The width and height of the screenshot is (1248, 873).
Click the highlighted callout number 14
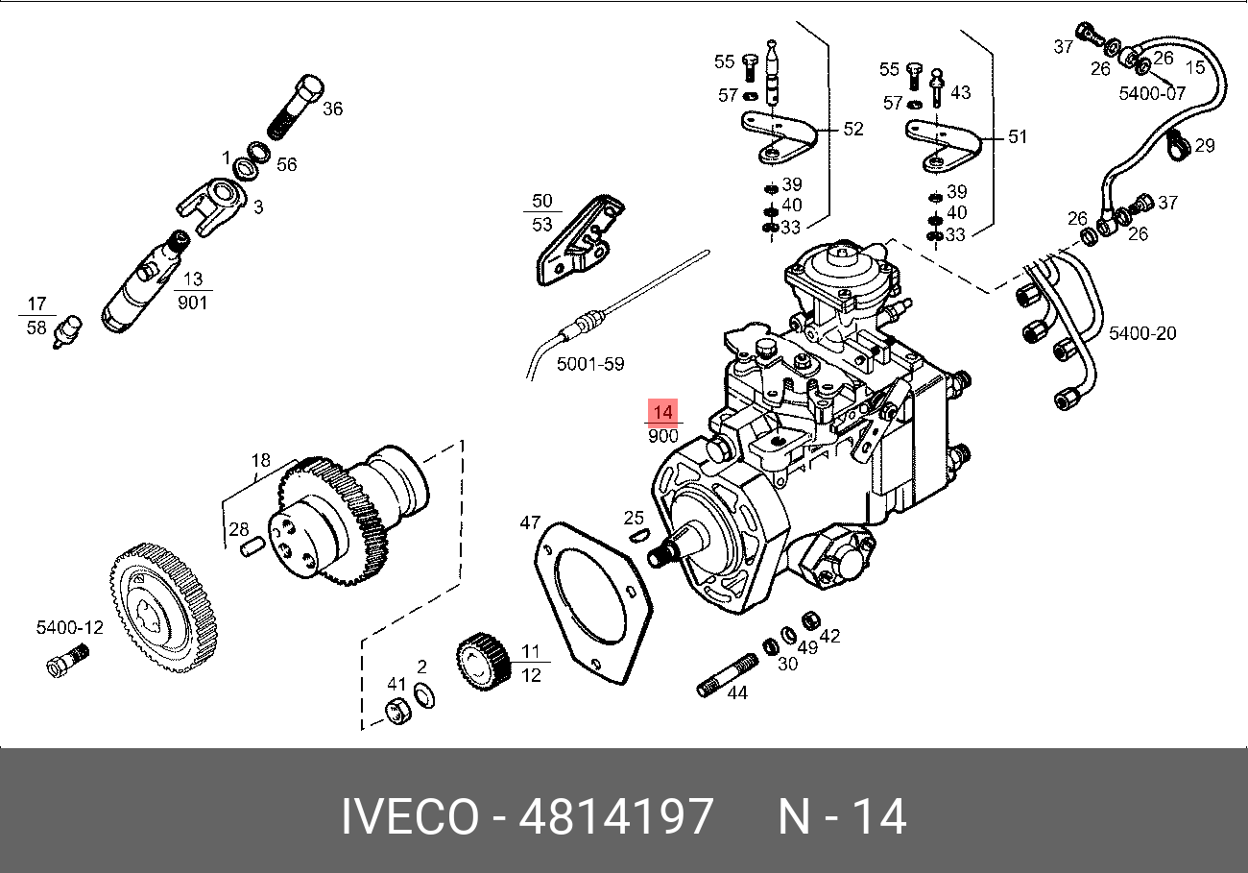click(663, 411)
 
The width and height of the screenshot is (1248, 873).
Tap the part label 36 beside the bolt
click(332, 109)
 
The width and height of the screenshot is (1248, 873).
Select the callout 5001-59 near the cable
click(590, 364)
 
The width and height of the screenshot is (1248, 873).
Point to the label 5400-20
click(1142, 333)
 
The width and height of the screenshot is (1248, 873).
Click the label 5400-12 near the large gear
click(69, 627)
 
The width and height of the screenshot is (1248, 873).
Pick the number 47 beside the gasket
click(531, 522)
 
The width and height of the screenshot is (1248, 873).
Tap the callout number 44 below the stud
click(736, 692)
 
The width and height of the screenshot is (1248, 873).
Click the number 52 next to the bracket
click(852, 129)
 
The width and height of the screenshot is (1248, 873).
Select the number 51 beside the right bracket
click(1017, 136)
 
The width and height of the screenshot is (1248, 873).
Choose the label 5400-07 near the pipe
click(1152, 93)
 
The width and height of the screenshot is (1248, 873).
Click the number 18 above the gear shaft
click(262, 460)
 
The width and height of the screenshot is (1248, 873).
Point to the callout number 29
click(1205, 146)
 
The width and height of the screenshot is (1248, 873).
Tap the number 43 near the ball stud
click(960, 92)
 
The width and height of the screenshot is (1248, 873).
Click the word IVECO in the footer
click(410, 816)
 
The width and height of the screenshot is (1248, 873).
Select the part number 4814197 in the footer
click(615, 816)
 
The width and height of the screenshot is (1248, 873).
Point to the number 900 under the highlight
click(663, 436)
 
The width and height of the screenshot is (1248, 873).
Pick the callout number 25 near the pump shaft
click(634, 519)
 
